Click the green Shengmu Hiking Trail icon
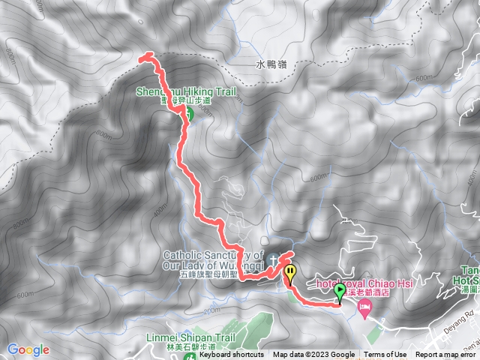click(x=188, y=114)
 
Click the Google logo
click(x=28, y=349)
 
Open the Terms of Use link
click(x=385, y=355)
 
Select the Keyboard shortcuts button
click(x=231, y=355)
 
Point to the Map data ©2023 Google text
click(x=314, y=355)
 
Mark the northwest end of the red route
click(x=142, y=55)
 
